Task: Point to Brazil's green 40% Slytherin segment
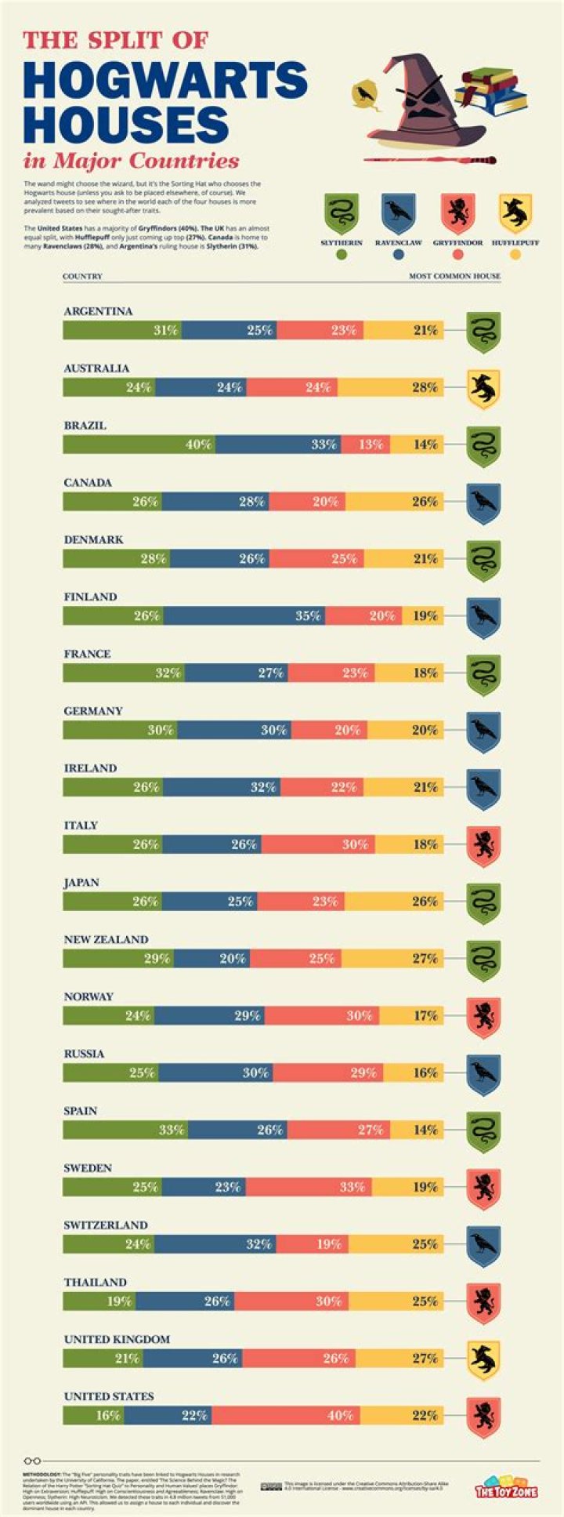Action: (139, 445)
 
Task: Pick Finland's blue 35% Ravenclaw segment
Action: (244, 616)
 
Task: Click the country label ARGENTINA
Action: (98, 311)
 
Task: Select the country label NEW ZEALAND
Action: (106, 939)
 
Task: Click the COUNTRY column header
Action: (82, 277)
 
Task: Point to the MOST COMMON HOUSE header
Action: (454, 277)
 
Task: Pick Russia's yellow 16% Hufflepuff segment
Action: (413, 1072)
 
